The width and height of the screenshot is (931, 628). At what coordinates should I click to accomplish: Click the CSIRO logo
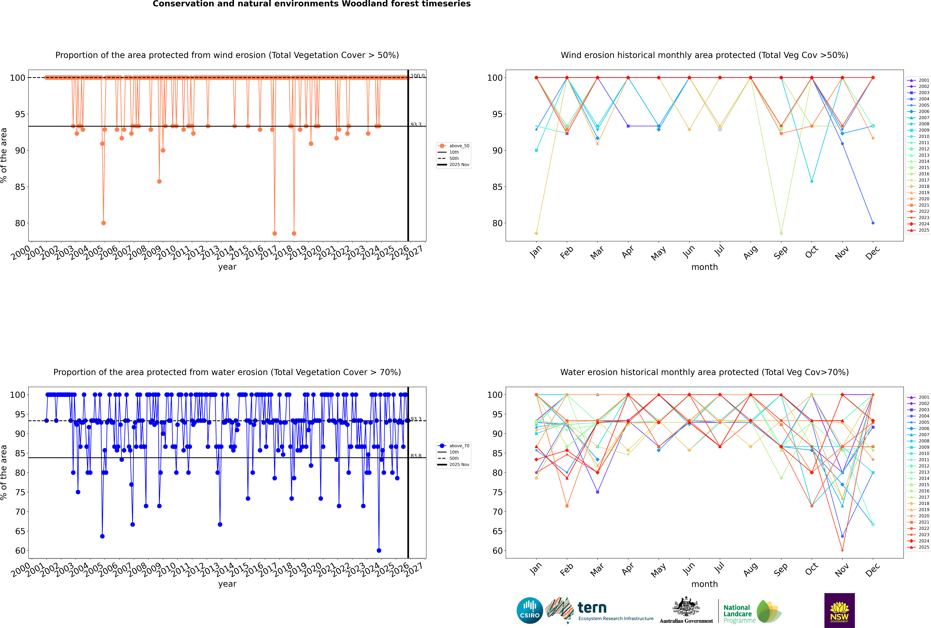(530, 610)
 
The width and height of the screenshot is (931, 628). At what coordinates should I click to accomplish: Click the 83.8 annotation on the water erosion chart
(416, 456)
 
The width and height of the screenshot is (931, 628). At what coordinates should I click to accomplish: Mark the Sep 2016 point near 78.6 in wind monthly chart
(781, 233)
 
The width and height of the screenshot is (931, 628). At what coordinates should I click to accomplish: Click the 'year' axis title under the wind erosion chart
(227, 267)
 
